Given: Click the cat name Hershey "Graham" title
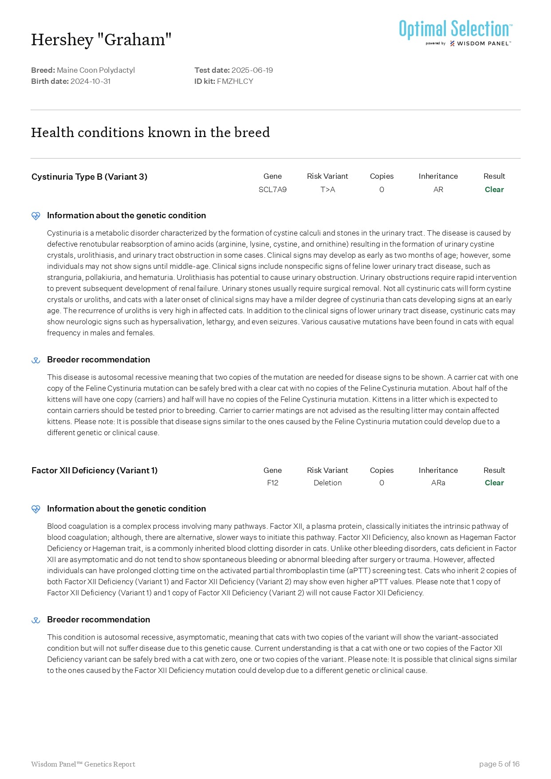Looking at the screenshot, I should (x=101, y=40).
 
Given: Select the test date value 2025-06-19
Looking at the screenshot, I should (x=252, y=70).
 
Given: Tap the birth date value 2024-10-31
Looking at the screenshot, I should (x=91, y=81).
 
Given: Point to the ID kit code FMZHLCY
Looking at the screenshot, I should (x=235, y=81).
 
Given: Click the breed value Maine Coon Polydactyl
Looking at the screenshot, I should (x=96, y=70).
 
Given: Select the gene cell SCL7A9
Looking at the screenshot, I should (x=272, y=189).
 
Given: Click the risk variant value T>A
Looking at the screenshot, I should (x=327, y=189).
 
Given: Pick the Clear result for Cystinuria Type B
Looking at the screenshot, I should (x=494, y=189).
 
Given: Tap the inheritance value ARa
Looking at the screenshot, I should (x=438, y=483).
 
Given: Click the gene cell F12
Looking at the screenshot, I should (x=272, y=483).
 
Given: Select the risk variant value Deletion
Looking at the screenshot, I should (x=327, y=483).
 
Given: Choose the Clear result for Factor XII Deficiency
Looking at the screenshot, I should (x=494, y=483).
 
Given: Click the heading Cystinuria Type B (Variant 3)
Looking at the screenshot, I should (x=89, y=177).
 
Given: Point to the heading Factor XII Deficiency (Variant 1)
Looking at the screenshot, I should (x=94, y=470).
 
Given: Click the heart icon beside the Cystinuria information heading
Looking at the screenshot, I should (x=36, y=216).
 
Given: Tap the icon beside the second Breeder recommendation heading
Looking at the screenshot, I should (x=36, y=620).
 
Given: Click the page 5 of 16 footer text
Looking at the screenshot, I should (x=499, y=764).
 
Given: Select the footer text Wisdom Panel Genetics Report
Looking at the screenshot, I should (x=83, y=764).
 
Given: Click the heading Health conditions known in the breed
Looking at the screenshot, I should (x=150, y=132).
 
